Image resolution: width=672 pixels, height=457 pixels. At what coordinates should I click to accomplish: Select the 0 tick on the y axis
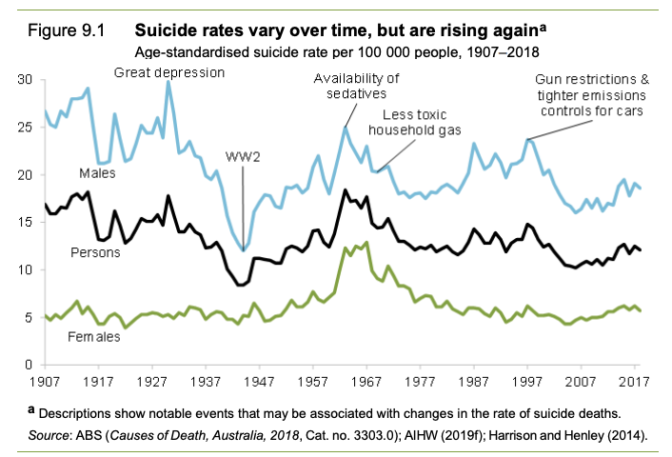coord(30,365)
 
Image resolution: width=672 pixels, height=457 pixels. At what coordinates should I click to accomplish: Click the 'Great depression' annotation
coord(169,73)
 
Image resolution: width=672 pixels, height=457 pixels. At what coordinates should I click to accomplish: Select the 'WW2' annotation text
coord(244,155)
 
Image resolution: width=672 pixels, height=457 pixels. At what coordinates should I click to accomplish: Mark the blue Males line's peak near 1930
coord(168,82)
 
